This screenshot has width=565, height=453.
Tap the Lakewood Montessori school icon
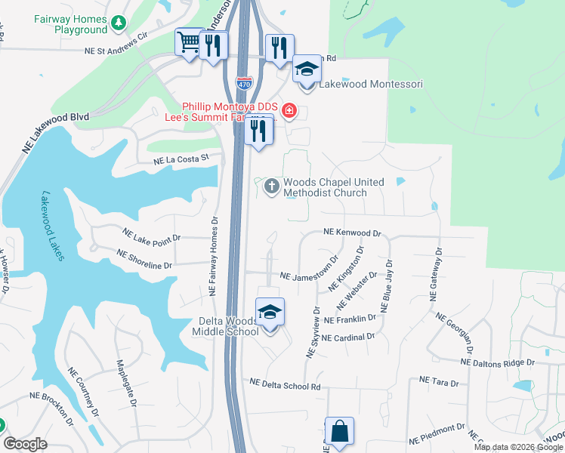pyautogui.click(x=307, y=69)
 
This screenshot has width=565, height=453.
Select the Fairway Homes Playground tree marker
pyautogui.click(x=118, y=24)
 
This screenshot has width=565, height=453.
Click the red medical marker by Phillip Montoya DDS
pyautogui.click(x=288, y=112)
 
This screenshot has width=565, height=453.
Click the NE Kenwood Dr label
pyautogui.click(x=352, y=234)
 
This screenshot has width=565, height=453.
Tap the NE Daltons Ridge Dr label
pyautogui.click(x=497, y=363)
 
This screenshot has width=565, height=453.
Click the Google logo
pyautogui.click(x=24, y=444)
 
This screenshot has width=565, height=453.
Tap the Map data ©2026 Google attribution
pyautogui.click(x=517, y=447)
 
